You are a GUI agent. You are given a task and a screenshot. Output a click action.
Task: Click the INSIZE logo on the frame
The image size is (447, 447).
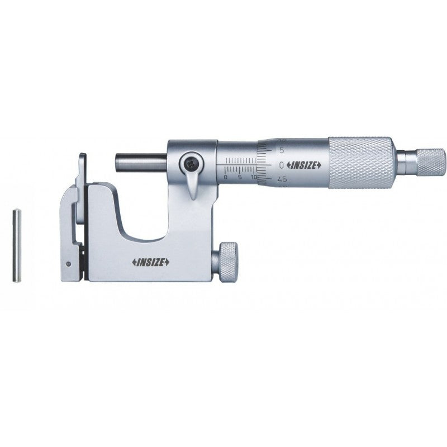[x=151, y=262]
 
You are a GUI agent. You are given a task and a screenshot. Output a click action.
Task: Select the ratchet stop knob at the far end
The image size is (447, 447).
[x=431, y=161]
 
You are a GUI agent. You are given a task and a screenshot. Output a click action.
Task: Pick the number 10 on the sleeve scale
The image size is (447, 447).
[x=254, y=177]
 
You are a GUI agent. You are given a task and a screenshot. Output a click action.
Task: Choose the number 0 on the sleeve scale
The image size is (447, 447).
[x=225, y=177]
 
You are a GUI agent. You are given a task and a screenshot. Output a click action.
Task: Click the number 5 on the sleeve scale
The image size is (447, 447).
[x=239, y=177]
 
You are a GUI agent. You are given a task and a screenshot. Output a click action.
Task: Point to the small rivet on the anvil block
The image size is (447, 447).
[x=68, y=264]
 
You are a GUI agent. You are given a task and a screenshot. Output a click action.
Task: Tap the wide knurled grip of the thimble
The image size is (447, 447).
[x=360, y=162]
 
